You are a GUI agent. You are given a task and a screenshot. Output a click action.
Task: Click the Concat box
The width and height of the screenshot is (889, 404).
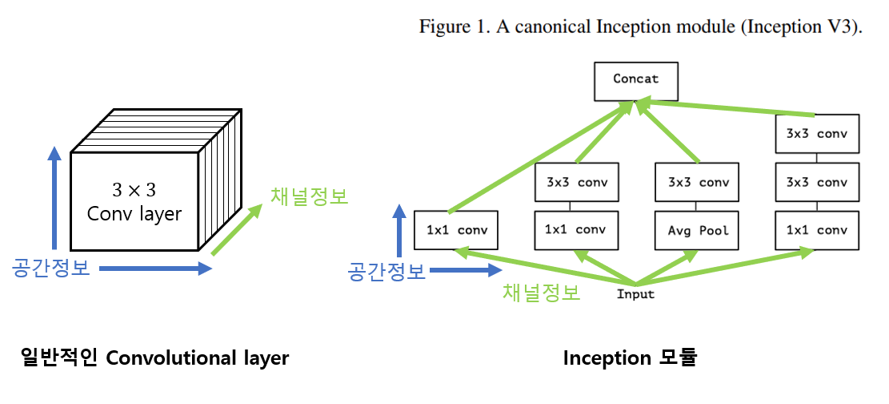click(636, 79)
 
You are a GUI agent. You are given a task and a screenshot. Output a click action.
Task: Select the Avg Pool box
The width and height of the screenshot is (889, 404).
click(697, 230)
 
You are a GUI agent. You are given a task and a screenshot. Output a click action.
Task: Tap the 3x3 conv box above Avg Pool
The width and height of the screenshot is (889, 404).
click(697, 182)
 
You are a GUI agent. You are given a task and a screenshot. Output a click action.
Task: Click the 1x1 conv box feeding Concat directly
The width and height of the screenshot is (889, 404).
click(456, 230)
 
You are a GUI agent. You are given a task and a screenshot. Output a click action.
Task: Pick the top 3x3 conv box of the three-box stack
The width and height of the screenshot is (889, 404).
click(817, 134)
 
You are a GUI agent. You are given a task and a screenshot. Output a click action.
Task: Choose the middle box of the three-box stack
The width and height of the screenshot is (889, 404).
click(817, 182)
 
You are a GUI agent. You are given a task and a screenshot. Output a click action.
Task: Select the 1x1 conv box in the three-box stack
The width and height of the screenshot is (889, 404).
click(817, 230)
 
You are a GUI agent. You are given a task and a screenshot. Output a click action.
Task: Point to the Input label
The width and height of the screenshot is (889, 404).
click(635, 294)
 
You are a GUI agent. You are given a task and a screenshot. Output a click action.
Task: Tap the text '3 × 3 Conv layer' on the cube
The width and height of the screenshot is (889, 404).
click(134, 202)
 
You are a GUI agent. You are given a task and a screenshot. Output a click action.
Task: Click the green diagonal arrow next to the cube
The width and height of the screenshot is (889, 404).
click(238, 230)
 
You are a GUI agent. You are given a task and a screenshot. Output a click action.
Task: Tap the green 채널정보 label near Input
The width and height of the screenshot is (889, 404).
click(541, 293)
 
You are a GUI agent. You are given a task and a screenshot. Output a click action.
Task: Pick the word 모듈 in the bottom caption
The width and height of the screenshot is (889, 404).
click(675, 358)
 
